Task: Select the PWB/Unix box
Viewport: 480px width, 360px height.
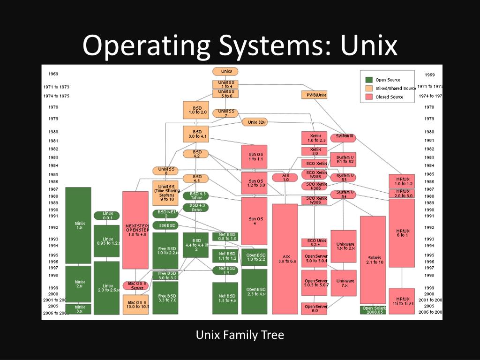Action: [x=314, y=95]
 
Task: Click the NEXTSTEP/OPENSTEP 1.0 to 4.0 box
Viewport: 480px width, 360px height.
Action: [x=135, y=230]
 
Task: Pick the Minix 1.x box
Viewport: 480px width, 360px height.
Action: [x=78, y=225]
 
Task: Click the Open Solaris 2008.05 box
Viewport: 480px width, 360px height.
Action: [x=374, y=310]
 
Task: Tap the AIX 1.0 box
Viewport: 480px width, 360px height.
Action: [x=285, y=178]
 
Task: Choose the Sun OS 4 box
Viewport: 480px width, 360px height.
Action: [x=254, y=221]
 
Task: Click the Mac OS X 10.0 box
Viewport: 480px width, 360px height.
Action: [x=135, y=304]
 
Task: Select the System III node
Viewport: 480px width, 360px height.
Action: [x=343, y=137]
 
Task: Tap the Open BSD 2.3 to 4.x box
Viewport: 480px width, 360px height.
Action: [x=254, y=292]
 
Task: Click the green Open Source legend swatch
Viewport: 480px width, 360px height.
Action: [x=369, y=80]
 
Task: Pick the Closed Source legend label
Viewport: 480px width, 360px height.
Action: [x=389, y=97]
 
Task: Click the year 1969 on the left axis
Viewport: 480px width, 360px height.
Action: [x=53, y=74]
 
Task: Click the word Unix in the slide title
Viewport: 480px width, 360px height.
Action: [x=368, y=45]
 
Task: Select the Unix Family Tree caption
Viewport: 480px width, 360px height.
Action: [x=240, y=335]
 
